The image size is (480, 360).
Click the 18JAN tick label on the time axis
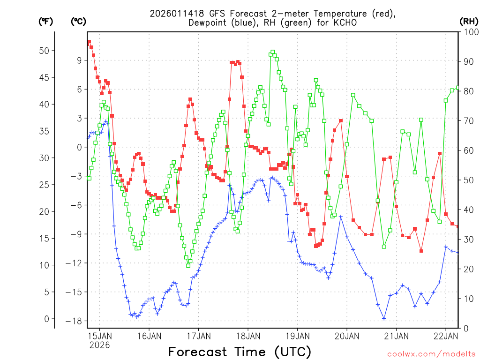click(x=247, y=336)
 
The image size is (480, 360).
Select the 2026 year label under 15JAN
click(x=99, y=345)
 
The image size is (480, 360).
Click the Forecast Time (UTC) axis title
click(x=240, y=352)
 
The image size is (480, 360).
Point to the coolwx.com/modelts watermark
click(x=432, y=353)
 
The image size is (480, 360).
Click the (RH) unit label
click(x=469, y=21)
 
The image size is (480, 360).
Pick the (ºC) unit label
click(x=78, y=21)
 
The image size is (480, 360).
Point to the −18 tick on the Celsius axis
click(x=74, y=321)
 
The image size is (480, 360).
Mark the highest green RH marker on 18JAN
click(x=273, y=52)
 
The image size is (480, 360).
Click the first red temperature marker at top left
click(x=89, y=42)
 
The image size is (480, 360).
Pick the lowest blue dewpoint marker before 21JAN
click(x=384, y=319)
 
